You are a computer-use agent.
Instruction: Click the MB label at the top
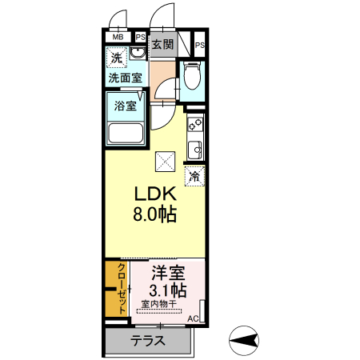click(x=118, y=37)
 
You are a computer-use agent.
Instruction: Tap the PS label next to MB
click(x=140, y=37)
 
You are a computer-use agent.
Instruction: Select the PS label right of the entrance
click(x=199, y=46)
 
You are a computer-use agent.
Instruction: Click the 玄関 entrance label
click(x=162, y=45)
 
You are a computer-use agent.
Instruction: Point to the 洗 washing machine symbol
click(x=117, y=58)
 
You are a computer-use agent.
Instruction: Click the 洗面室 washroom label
click(x=126, y=78)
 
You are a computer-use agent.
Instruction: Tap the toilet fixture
click(x=192, y=77)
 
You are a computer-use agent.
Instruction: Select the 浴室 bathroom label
click(x=125, y=105)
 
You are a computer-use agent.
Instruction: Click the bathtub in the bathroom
click(x=126, y=132)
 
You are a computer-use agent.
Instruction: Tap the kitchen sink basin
click(x=194, y=149)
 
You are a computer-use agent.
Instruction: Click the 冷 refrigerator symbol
click(x=194, y=176)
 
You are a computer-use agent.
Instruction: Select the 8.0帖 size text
click(x=154, y=214)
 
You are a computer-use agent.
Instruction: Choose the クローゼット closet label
click(x=122, y=290)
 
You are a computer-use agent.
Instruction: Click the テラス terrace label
click(x=148, y=341)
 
